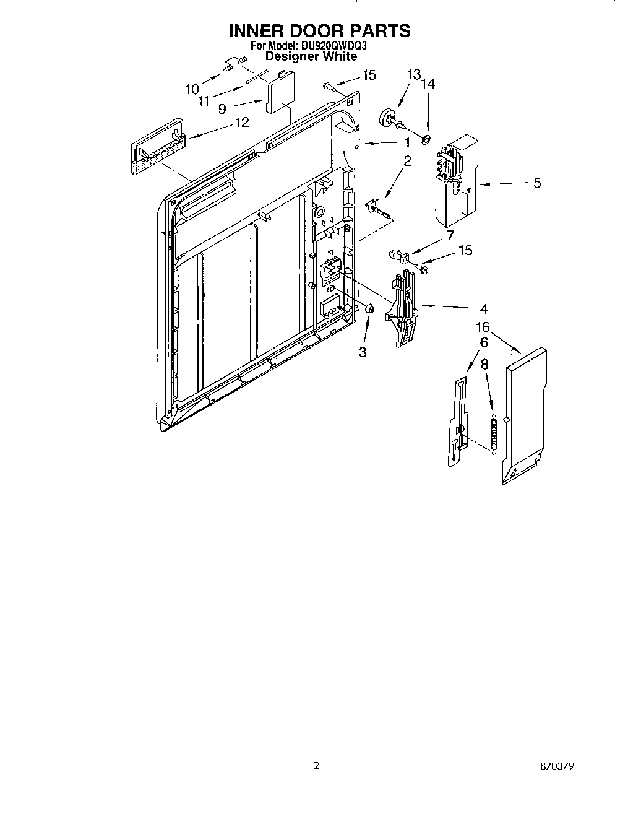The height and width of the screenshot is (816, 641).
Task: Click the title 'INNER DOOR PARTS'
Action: pos(320,30)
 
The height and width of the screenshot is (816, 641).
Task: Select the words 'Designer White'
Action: pos(311,56)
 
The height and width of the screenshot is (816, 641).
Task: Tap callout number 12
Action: pos(241,122)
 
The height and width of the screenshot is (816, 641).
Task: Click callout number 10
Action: pos(192,89)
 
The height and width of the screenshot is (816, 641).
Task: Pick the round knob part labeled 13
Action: pos(389,118)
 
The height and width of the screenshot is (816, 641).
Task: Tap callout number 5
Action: pos(536,183)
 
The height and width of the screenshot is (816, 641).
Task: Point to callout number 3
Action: pos(363,352)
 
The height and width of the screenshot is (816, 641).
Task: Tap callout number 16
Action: pos(483,327)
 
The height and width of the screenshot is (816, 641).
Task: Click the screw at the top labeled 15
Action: pos(329,85)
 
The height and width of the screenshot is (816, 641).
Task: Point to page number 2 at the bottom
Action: pos(316,766)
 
